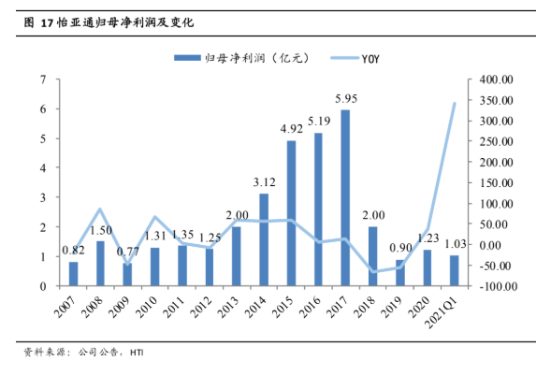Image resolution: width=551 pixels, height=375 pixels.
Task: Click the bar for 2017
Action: pos(346,197)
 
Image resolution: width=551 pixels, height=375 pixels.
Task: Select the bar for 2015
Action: pos(291,213)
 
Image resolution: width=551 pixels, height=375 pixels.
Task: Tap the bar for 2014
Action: pos(264,239)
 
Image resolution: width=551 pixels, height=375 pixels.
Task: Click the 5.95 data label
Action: pos(346,99)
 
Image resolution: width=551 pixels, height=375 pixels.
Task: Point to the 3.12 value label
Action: pos(264,182)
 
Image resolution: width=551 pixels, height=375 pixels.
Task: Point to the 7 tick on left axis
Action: pos(44,79)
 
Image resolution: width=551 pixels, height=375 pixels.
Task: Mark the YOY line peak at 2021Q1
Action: pos(455,103)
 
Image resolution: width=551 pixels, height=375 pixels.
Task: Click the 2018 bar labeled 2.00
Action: pos(373,256)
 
